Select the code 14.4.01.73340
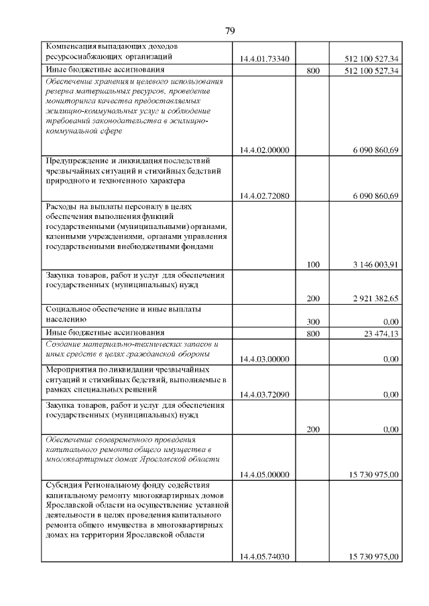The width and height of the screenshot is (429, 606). click(264, 59)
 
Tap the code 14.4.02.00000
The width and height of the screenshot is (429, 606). click(264, 150)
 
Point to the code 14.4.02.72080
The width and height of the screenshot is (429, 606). click(264, 196)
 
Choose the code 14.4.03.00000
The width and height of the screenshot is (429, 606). click(264, 359)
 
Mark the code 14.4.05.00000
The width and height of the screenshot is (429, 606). click(264, 475)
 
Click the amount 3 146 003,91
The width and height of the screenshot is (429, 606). click(375, 264)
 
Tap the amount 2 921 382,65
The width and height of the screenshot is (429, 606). click(375, 299)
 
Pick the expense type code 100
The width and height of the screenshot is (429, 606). click(312, 264)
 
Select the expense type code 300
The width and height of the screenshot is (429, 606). click(312, 322)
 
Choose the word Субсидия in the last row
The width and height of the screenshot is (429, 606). click(64, 485)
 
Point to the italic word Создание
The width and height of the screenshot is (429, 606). click(62, 344)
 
